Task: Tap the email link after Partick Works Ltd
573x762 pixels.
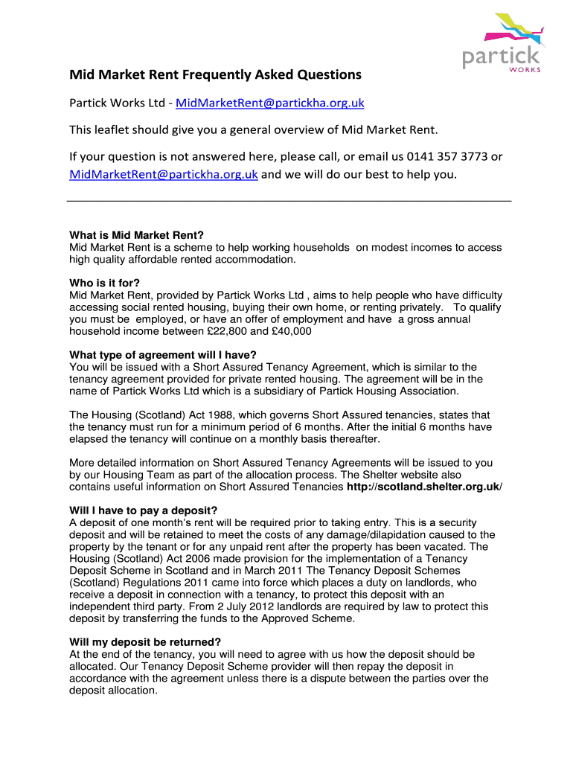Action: click(x=270, y=103)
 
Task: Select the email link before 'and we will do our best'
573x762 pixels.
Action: click(x=164, y=175)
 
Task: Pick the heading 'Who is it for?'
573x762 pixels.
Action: click(x=104, y=283)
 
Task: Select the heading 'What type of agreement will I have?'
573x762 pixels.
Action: click(x=167, y=354)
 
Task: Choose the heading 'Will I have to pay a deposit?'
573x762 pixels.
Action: click(x=143, y=510)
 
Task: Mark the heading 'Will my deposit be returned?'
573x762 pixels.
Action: click(x=145, y=642)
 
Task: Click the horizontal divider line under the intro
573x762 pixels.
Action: click(x=289, y=202)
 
